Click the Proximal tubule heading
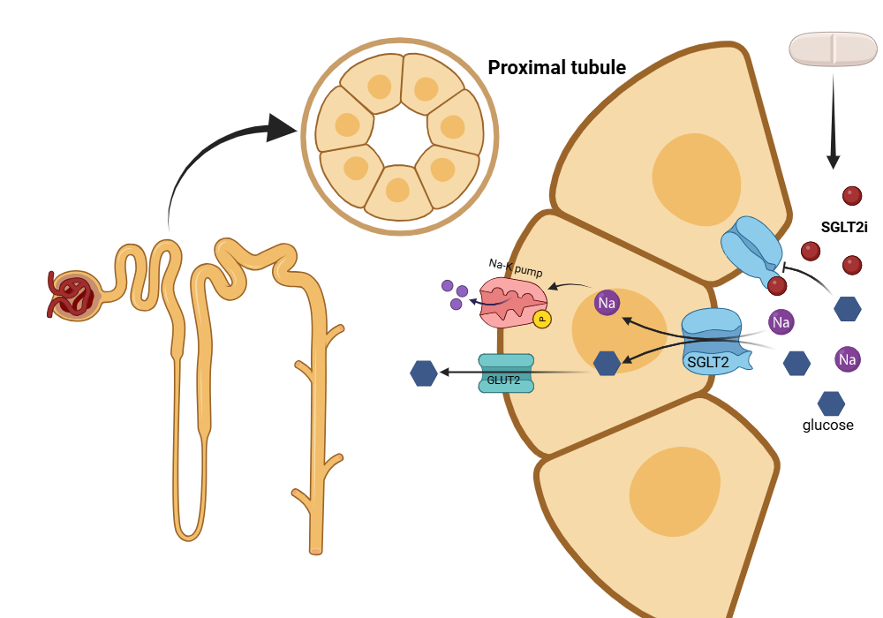557,68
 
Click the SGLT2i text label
844,227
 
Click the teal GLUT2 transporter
506,373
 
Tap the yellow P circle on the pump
542,320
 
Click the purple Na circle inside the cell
607,303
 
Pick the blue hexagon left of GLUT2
424,373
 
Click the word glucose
827,425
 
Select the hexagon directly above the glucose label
831,403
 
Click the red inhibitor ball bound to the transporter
777,285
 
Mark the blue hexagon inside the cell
607,363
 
